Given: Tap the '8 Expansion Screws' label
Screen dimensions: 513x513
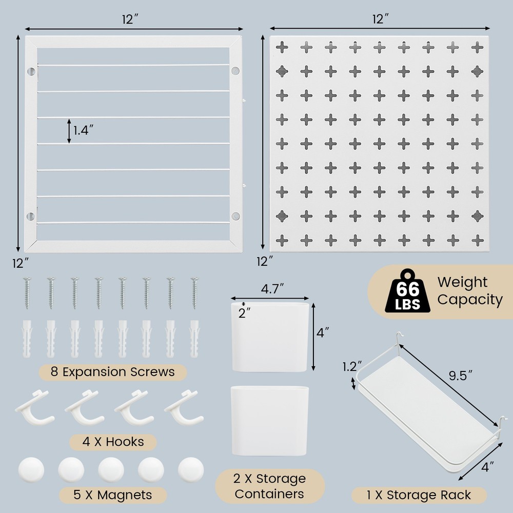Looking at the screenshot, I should click(x=113, y=371).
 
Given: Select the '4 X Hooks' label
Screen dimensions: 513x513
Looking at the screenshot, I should click(x=113, y=441).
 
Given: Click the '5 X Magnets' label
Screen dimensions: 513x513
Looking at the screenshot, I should click(x=113, y=495).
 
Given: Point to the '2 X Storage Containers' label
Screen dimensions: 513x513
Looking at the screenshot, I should click(x=270, y=486).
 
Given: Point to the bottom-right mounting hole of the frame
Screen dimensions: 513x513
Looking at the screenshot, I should click(x=235, y=216).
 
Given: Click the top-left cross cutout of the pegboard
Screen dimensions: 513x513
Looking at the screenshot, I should click(x=282, y=47).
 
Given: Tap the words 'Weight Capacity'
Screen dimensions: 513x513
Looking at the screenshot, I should click(x=469, y=291).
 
